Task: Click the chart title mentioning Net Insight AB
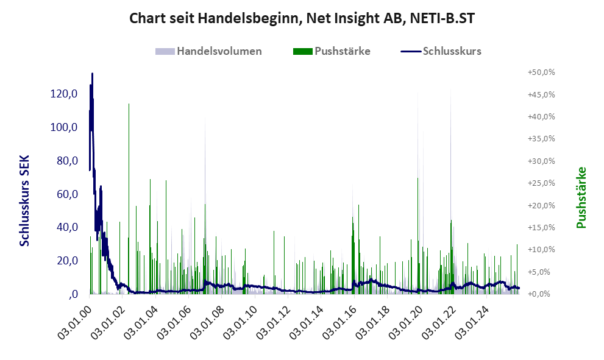[302, 18]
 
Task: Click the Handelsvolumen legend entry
[219, 51]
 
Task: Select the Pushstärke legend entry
[342, 51]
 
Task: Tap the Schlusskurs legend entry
[452, 51]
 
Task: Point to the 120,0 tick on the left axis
[63, 94]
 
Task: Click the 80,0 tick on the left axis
[66, 161]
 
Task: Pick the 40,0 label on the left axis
[66, 227]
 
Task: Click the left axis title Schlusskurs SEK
[24, 200]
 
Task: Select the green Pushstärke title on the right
[581, 198]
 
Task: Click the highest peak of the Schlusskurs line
[92, 74]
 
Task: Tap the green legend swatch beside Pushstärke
[302, 51]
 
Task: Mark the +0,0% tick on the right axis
[542, 294]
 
